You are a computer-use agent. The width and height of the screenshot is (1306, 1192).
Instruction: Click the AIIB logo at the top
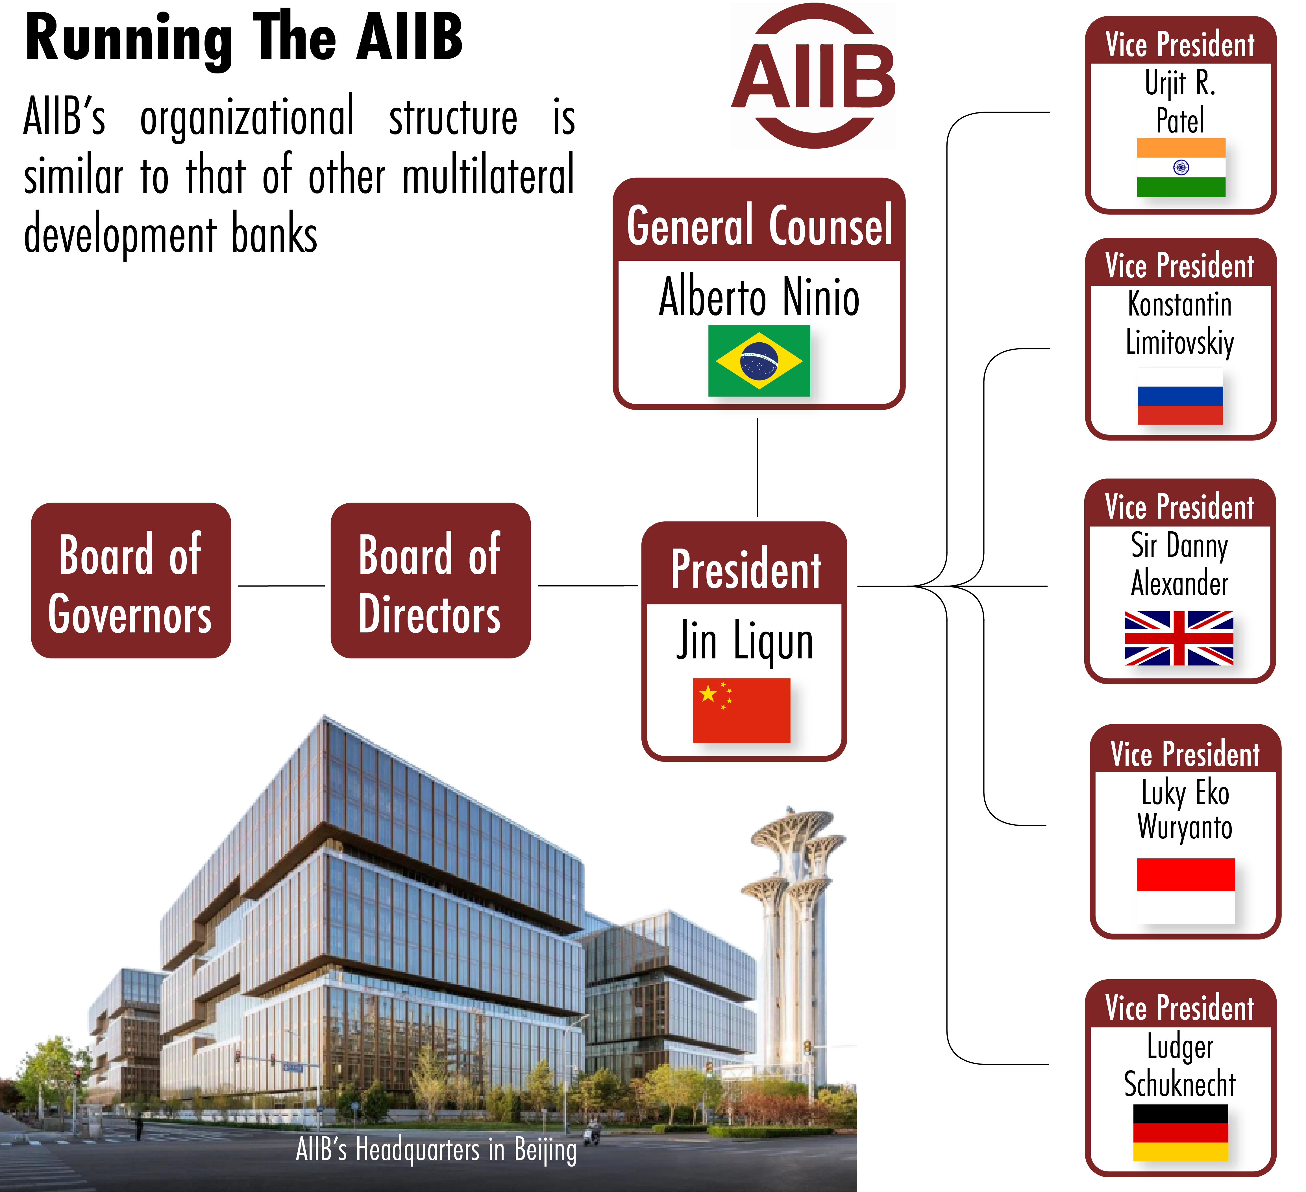tap(813, 76)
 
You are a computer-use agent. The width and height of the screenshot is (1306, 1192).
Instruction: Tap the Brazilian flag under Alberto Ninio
tap(759, 361)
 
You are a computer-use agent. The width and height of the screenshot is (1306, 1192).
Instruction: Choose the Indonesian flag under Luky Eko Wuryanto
tap(1185, 891)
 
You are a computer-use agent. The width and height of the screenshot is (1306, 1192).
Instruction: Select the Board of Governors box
tap(131, 580)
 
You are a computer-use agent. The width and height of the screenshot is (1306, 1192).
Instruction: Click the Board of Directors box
tap(430, 580)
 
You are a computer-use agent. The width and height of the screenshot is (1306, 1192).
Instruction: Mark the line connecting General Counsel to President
tap(757, 467)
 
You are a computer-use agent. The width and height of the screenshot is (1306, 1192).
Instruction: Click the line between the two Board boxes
tap(281, 586)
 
